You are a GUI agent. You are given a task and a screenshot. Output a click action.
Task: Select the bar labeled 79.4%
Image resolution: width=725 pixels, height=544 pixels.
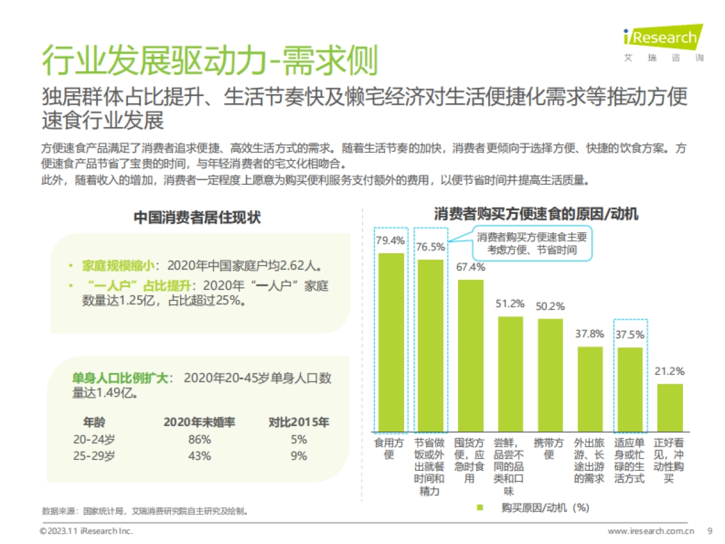pos(391,342)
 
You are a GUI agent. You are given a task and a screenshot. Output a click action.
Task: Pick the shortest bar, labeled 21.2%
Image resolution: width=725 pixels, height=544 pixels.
pos(669,407)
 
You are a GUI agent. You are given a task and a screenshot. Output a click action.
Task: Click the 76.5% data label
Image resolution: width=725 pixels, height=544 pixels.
pos(430,247)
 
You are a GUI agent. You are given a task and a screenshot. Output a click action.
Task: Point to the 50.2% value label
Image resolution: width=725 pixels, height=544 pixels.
pos(550,306)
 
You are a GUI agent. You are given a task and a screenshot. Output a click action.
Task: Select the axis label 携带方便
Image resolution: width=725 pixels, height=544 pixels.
pos(550,448)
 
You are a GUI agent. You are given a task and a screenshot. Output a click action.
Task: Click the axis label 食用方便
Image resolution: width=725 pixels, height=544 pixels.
pos(390,448)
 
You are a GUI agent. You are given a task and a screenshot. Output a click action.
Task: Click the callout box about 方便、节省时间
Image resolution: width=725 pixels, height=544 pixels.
pos(524,244)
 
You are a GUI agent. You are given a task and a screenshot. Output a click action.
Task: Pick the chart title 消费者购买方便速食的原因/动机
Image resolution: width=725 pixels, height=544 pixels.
pos(536,214)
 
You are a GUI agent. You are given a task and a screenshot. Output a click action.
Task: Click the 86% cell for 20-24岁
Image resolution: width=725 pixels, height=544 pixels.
pos(199,439)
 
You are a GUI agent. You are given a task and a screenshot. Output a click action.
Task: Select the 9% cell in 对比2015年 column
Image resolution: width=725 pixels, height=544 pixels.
pos(298,456)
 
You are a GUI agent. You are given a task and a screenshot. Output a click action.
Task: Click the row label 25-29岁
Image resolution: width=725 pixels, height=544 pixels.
pos(94,456)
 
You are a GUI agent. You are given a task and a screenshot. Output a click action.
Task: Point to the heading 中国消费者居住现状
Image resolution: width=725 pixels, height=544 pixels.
pos(197,218)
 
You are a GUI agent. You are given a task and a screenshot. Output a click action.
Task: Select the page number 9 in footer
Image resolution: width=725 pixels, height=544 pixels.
pos(709,531)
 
